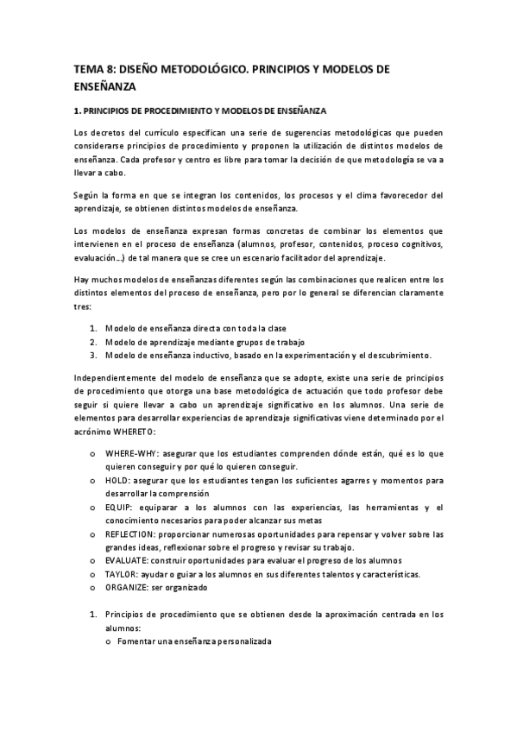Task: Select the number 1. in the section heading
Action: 77,110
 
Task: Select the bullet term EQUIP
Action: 119,507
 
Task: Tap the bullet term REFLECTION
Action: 132,533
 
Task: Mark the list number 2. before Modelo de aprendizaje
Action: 94,342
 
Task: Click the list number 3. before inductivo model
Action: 94,355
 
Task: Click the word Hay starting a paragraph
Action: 82,280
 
